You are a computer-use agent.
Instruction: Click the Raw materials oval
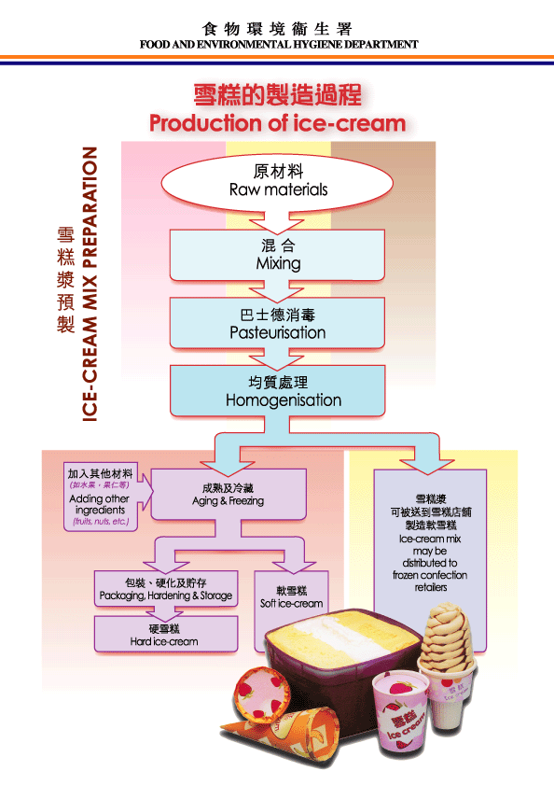point(278,181)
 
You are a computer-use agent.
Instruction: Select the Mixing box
point(278,254)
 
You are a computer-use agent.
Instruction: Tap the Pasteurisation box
point(278,323)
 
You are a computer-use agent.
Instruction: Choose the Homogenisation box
point(278,392)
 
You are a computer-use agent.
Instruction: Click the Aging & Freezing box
point(228,495)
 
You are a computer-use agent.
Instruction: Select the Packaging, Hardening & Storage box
point(165,589)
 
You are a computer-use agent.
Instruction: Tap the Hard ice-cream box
point(164,635)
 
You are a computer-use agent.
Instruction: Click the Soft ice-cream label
point(291,597)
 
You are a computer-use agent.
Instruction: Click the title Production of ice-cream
point(277,123)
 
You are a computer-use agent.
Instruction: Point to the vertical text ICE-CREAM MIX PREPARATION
point(90,284)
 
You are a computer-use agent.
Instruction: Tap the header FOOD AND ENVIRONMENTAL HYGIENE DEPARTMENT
point(278,44)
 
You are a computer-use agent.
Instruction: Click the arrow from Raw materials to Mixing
point(278,221)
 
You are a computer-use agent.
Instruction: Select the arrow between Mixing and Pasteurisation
point(278,289)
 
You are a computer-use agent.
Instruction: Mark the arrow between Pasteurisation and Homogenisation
point(278,357)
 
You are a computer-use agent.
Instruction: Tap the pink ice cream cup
point(398,714)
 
